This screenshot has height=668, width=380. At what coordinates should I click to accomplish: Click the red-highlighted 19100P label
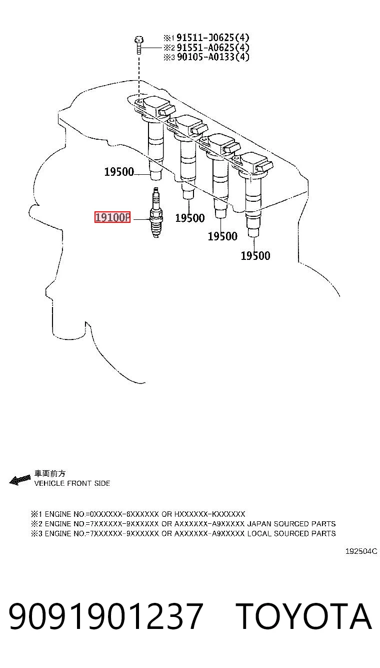pos(112,217)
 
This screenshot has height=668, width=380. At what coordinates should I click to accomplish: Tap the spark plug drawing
pos(156,213)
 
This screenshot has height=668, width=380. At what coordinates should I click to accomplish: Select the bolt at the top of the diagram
pos(139,45)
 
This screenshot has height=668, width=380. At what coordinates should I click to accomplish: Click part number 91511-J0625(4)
pos(213,38)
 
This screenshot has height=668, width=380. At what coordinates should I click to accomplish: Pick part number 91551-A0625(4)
pos(213,47)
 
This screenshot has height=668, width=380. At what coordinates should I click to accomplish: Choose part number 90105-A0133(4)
pos(213,57)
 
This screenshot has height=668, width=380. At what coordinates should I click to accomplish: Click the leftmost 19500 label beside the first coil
pos(119,172)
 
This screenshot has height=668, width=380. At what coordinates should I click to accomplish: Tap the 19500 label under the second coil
pos(190,218)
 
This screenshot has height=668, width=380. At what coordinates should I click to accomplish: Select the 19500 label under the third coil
pos(222,236)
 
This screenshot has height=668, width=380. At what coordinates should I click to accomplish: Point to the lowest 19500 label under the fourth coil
pos(255,255)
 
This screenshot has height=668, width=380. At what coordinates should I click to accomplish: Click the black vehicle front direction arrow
pos(20,480)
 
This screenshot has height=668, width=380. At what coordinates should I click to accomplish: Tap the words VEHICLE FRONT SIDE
pos(72,483)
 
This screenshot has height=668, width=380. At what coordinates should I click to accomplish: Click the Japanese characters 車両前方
pos(49,474)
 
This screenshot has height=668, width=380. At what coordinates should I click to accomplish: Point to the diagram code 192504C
pos(361,551)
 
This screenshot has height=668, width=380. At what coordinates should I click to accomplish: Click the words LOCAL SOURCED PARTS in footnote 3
pos(292,533)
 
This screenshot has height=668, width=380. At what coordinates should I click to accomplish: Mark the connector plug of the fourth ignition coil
pos(264,167)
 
